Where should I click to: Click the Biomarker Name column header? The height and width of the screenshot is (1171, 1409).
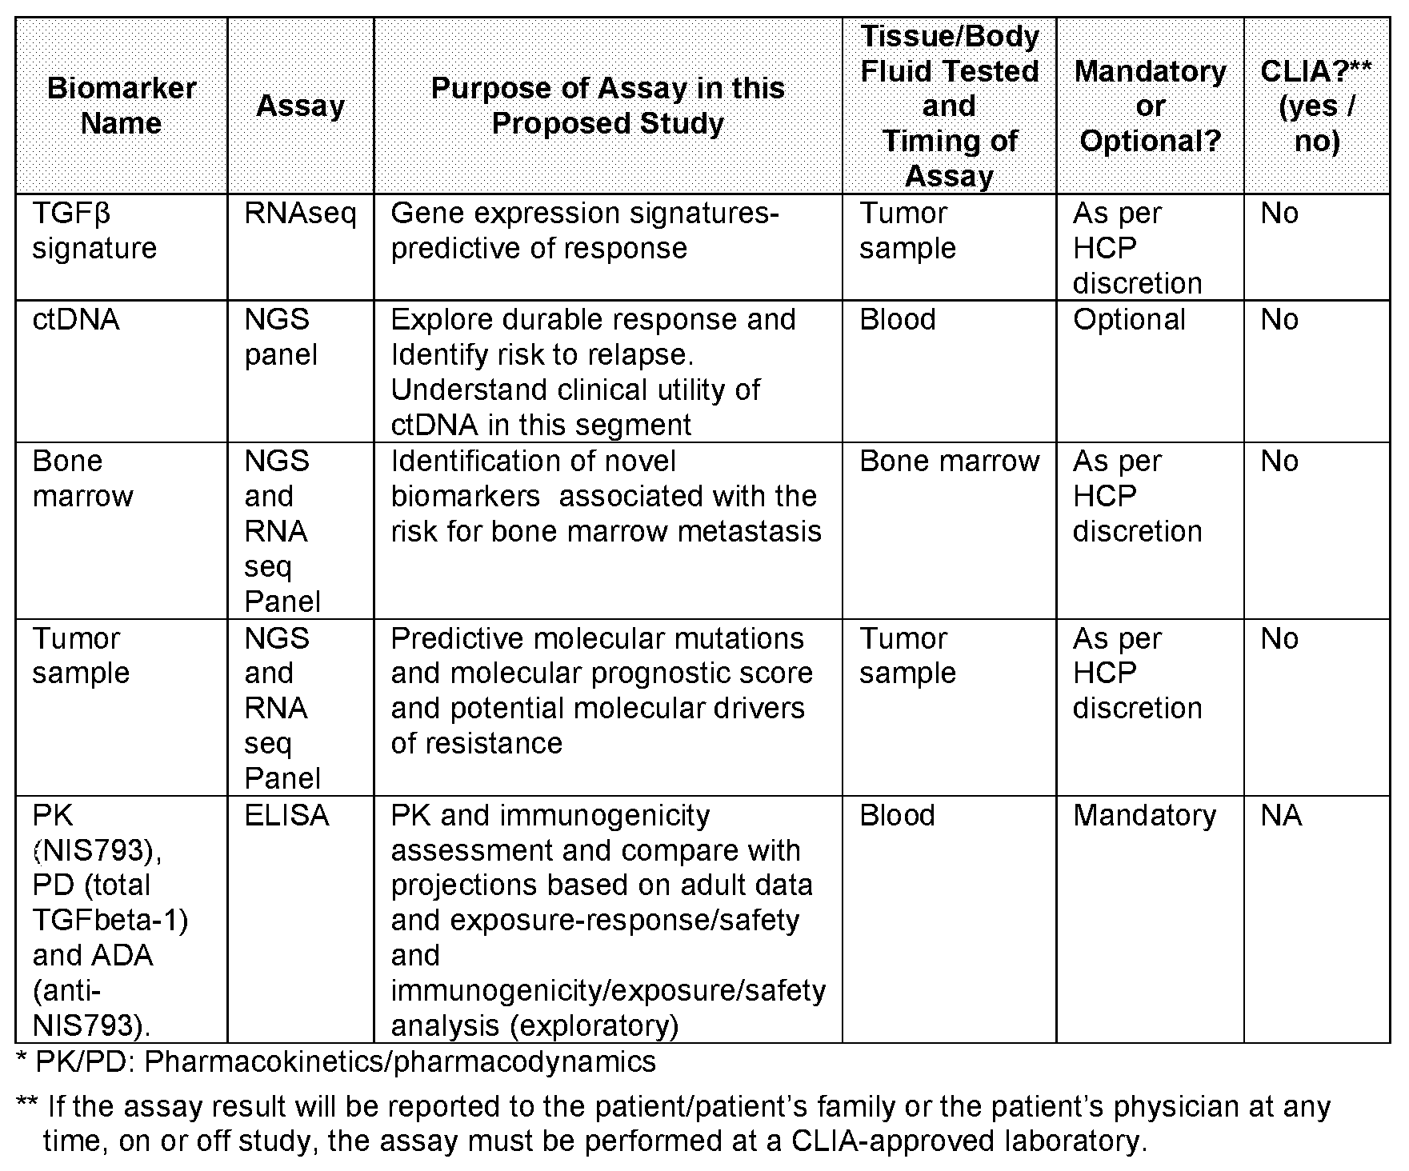click(122, 106)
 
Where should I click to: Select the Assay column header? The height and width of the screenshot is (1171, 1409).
click(300, 106)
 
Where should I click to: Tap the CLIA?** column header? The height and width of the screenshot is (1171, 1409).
click(1316, 106)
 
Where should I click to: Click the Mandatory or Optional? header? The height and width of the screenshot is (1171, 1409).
click(1150, 106)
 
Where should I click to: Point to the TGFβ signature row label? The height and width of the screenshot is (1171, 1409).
click(94, 230)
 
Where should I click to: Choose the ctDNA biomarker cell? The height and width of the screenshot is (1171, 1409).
click(76, 320)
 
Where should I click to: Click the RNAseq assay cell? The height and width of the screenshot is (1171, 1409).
click(300, 214)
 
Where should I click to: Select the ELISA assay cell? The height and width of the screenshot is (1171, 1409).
click(286, 816)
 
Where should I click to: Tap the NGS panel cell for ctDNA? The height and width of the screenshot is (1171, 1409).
click(280, 337)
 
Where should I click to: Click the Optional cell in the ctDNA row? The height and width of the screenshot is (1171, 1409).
click(1129, 320)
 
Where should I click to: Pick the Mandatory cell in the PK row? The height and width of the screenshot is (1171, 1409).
click(1144, 816)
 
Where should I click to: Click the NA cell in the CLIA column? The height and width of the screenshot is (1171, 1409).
click(1281, 816)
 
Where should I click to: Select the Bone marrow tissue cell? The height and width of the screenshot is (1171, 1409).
click(949, 462)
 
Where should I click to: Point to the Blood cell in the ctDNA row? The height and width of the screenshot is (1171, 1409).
click(897, 320)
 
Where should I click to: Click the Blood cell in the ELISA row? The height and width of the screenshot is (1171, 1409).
click(897, 816)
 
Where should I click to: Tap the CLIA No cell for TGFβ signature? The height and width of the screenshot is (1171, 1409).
click(1279, 214)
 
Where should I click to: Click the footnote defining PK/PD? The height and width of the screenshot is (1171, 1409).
click(336, 1062)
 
